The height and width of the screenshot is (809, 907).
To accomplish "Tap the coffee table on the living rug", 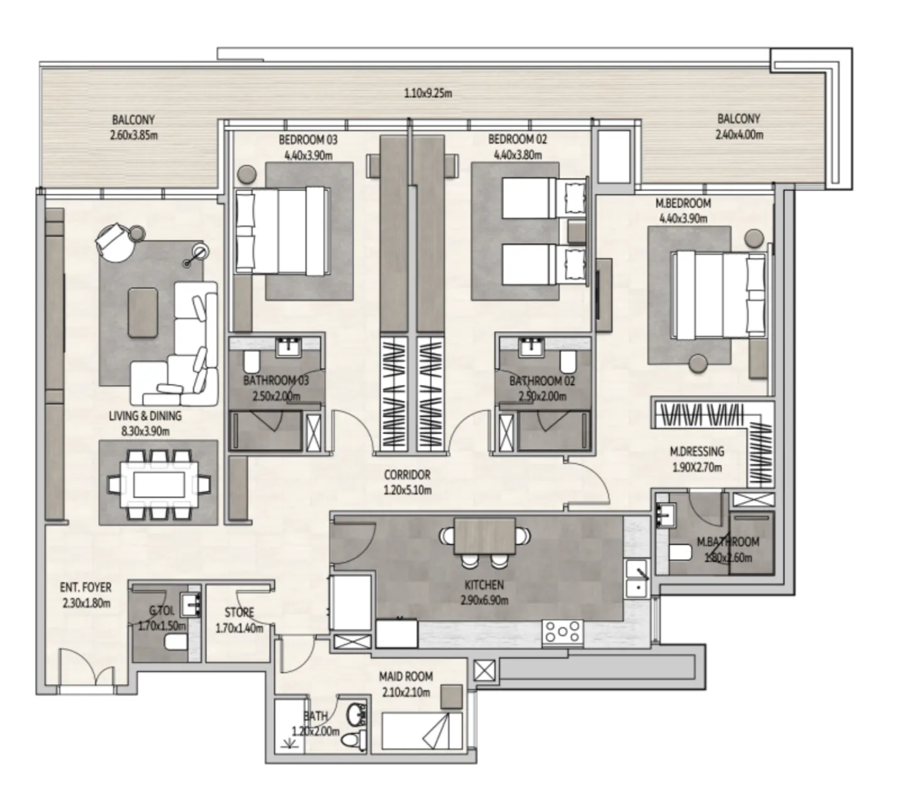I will pyautogui.click(x=143, y=312).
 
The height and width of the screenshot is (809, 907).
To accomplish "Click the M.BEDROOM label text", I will pyautogui.click(x=683, y=204).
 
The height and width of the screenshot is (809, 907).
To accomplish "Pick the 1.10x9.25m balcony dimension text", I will pyautogui.click(x=428, y=94).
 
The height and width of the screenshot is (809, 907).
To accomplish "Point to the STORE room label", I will pyautogui.click(x=239, y=612).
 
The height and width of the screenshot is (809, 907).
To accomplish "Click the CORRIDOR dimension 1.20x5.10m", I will pyautogui.click(x=407, y=490).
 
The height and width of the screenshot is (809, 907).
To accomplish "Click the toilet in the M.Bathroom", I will pyautogui.click(x=680, y=553).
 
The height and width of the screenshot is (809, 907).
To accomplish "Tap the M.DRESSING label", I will pyautogui.click(x=697, y=451).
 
